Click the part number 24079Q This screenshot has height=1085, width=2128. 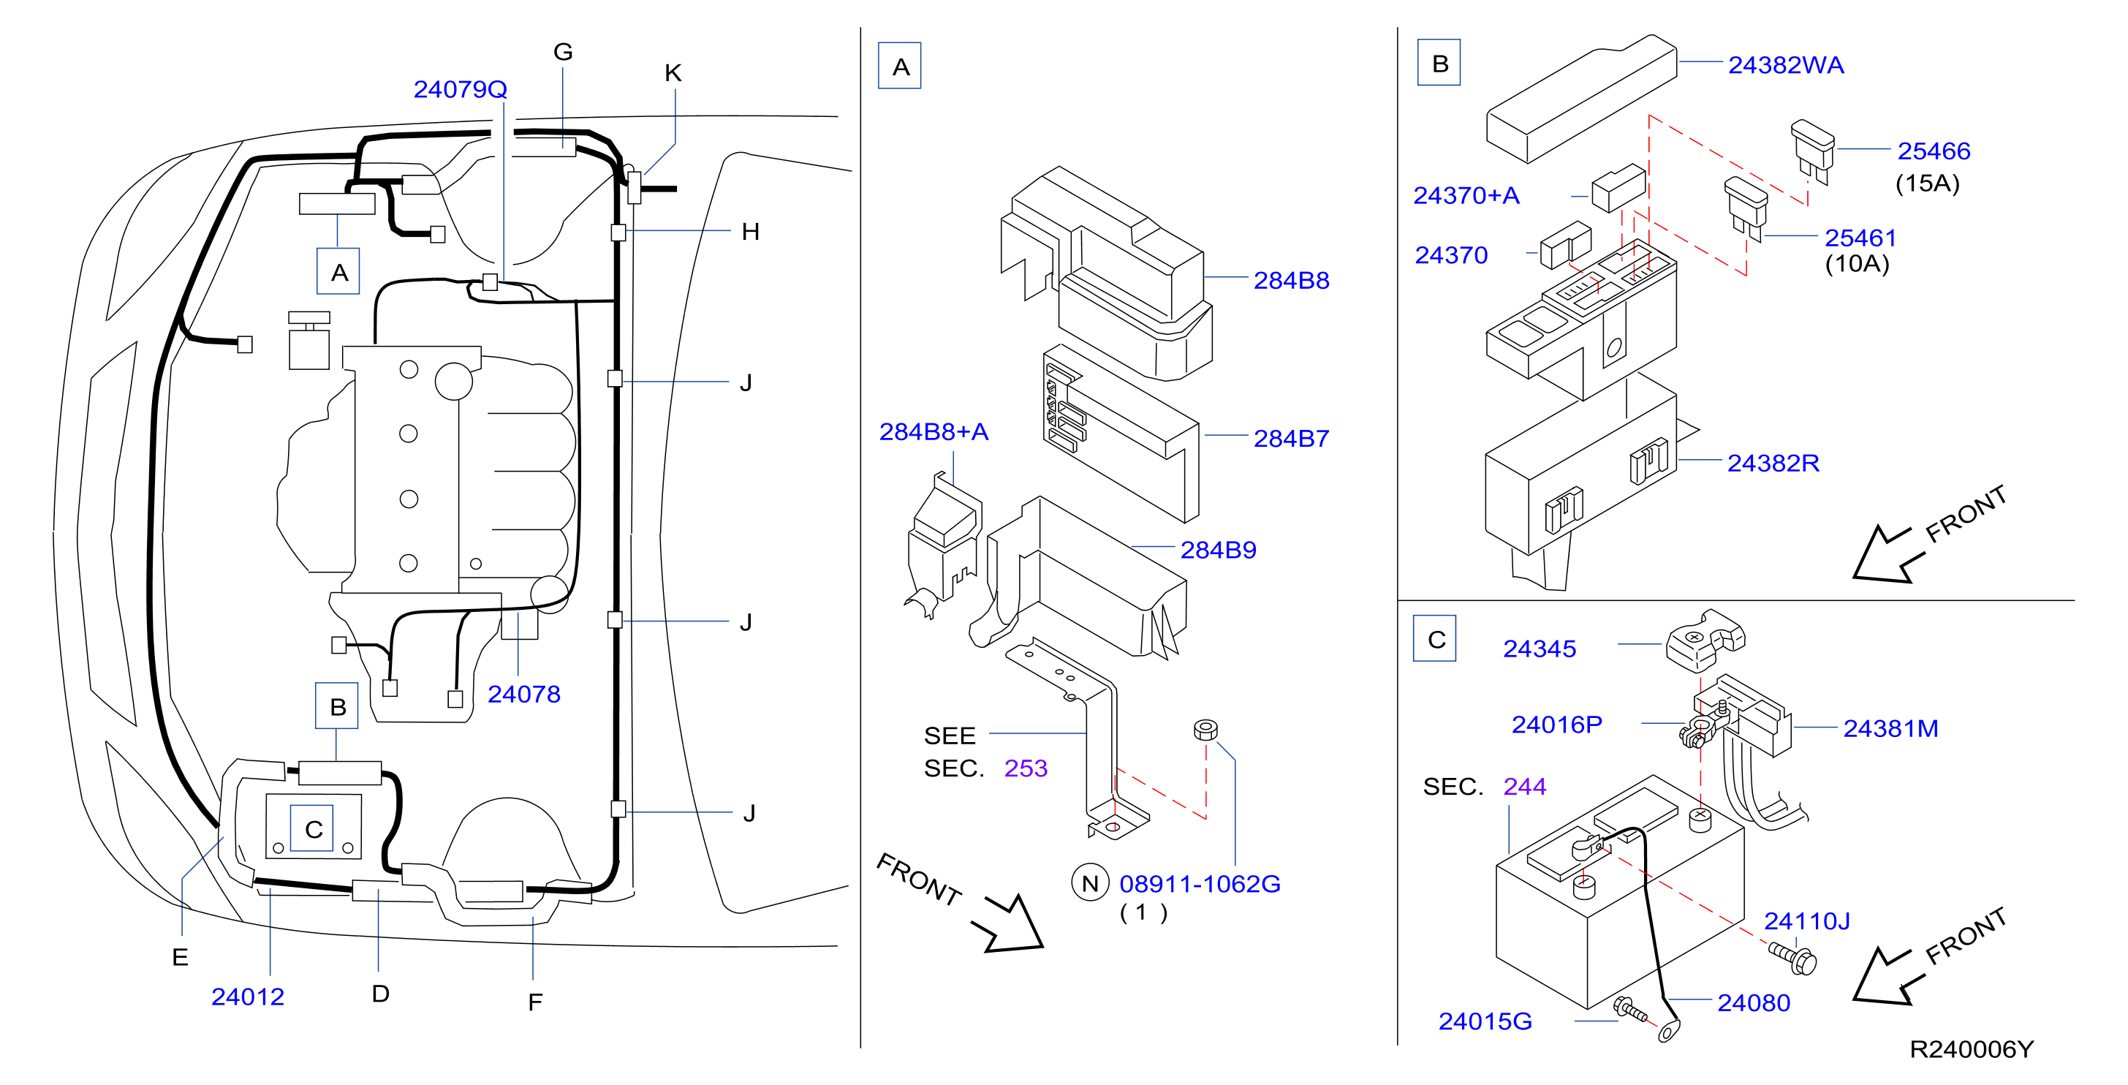[x=460, y=89]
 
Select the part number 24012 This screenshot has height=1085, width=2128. [x=248, y=997]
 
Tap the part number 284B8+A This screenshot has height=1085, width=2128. [x=934, y=431]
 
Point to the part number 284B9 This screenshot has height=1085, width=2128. [x=1218, y=550]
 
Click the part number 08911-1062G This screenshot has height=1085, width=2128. [x=1200, y=883]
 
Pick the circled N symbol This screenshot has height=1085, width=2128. [x=1090, y=883]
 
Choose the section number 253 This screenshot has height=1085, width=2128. [x=1025, y=768]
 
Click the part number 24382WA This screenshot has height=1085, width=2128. [x=1786, y=65]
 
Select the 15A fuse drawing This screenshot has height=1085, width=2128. [x=1812, y=151]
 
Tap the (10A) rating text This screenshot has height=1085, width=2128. [x=1857, y=264]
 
